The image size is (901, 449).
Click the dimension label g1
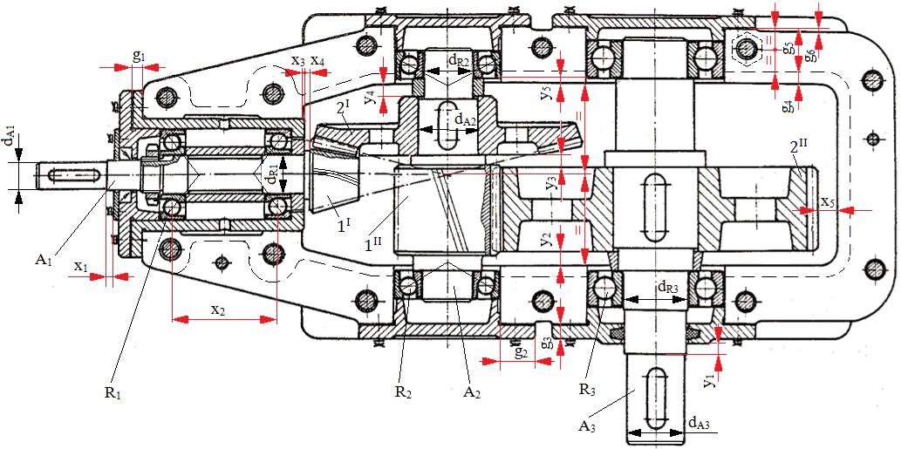(x=139, y=57)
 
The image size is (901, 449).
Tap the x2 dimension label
(x=218, y=310)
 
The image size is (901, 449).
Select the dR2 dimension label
(x=461, y=59)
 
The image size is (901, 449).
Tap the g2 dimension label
(x=522, y=352)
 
